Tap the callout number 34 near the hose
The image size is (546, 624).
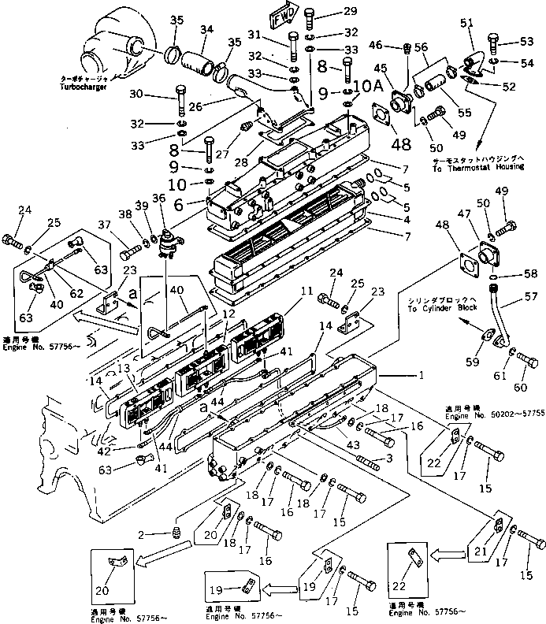point(207,30)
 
